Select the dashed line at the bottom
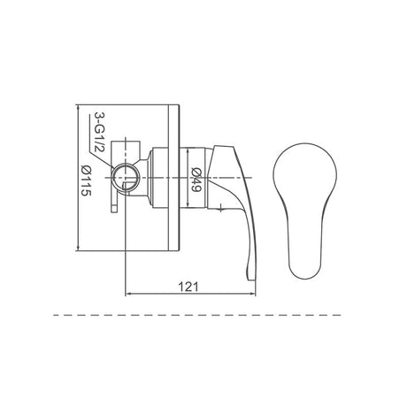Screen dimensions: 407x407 (x=203, y=314)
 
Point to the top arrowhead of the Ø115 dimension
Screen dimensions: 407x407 (x=81, y=105)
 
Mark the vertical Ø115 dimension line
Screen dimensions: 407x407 (x=81, y=221)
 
